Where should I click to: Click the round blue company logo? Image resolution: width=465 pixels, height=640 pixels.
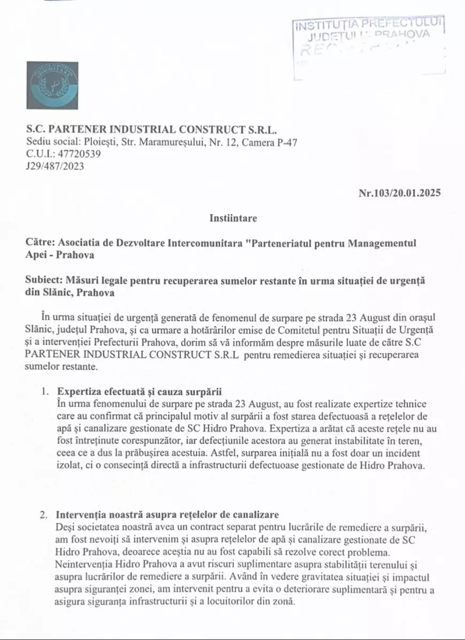52,86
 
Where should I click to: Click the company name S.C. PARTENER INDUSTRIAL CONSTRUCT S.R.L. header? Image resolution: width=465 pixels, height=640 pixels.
152,130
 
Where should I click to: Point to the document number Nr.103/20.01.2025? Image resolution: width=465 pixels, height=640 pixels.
400,193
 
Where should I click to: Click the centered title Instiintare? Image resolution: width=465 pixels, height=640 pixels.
233,218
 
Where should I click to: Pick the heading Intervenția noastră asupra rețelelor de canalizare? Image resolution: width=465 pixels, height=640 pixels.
167,515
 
